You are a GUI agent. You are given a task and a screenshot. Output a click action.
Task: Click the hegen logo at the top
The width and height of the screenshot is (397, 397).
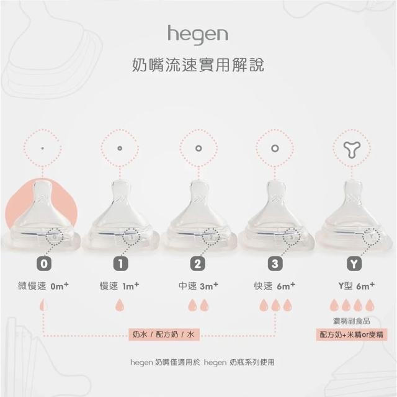click(x=198, y=35)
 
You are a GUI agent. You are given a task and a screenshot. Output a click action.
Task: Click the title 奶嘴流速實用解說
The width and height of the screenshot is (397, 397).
click(x=198, y=65)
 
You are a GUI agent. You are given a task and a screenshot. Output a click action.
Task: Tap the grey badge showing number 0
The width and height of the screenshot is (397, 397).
click(x=44, y=264)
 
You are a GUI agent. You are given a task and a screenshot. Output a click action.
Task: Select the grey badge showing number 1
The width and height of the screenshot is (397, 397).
click(x=120, y=264)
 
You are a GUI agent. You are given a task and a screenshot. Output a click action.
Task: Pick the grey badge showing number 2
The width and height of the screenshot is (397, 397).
click(x=197, y=264)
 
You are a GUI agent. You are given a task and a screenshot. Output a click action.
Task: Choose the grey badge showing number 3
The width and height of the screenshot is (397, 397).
click(x=275, y=264)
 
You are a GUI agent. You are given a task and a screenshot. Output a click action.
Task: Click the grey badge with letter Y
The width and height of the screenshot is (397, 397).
click(x=354, y=264)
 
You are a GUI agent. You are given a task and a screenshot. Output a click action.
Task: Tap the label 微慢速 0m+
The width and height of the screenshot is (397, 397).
click(x=43, y=286)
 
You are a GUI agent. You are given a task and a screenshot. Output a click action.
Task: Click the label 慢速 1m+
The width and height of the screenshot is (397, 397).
click(x=119, y=286)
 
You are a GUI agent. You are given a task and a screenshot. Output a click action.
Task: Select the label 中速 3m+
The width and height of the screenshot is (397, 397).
click(x=198, y=286)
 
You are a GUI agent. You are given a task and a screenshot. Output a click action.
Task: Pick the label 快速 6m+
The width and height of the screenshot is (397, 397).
click(x=275, y=286)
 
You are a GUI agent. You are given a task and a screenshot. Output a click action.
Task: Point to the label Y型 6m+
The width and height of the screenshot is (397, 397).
click(x=357, y=286)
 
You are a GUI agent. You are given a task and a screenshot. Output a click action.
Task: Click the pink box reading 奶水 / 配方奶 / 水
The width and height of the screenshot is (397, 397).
click(x=164, y=335)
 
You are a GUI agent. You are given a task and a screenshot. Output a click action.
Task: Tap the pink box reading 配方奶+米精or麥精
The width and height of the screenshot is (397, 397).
click(x=352, y=335)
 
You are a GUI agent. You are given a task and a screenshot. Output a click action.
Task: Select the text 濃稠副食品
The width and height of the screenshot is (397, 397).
click(x=352, y=321)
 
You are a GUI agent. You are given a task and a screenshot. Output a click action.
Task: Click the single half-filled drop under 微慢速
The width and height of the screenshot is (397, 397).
click(x=43, y=305)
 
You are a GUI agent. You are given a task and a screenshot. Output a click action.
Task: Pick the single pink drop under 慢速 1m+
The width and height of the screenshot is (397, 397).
click(x=120, y=305)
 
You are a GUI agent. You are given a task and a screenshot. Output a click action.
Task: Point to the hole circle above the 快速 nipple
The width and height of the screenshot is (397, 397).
click(x=275, y=148)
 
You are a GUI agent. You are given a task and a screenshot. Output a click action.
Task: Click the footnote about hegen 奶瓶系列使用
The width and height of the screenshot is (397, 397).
click(x=202, y=362)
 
